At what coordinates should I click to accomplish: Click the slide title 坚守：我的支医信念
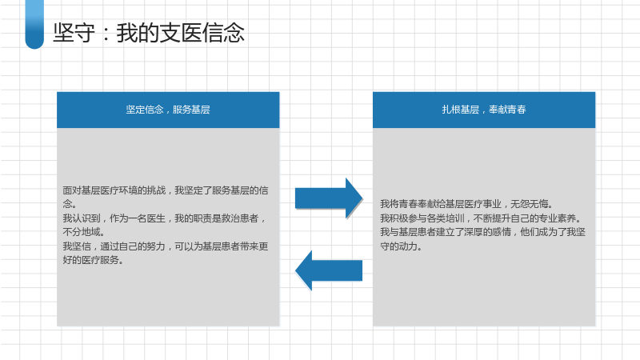point(149,33)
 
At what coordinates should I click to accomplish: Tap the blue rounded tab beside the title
point(34,25)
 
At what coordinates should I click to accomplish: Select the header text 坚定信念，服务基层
point(168,110)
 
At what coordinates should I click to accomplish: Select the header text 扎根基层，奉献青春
point(484,110)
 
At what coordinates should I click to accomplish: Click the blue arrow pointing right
point(329,198)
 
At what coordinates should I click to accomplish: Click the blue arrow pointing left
point(329,270)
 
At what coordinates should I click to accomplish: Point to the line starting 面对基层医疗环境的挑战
point(166,190)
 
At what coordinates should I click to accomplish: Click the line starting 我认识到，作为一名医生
point(164,218)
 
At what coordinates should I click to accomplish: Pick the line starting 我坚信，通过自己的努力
point(166,246)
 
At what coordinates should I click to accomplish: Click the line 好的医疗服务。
point(93,260)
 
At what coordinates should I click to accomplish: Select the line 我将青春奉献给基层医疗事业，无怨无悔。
point(466,204)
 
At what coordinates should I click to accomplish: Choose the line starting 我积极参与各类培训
point(481,218)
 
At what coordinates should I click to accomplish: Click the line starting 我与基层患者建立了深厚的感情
point(483,232)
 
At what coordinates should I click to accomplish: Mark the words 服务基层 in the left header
point(191,110)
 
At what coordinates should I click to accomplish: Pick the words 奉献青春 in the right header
point(507,110)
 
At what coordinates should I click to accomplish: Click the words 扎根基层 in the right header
point(461,110)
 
